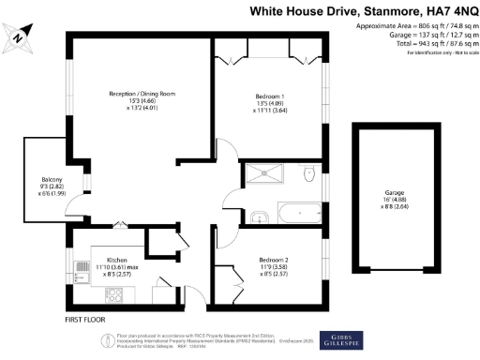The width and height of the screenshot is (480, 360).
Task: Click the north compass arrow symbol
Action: [19, 37]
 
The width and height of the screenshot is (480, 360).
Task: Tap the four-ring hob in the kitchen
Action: [116, 294]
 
